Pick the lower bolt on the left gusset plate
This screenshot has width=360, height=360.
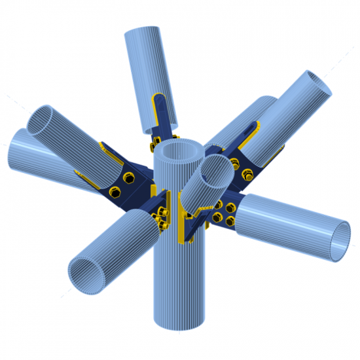115,192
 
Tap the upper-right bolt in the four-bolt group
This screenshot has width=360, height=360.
230,208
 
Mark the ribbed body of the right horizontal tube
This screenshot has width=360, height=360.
288,223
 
